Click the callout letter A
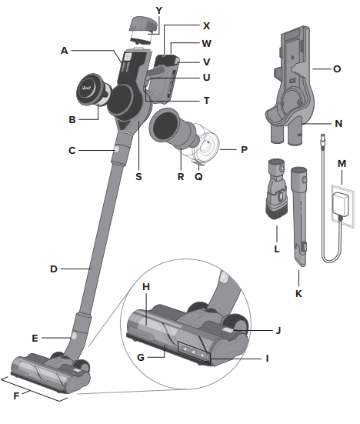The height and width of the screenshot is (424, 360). click(65, 49)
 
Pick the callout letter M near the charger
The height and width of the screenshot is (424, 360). click(342, 163)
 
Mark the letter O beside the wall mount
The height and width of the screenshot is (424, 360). click(337, 68)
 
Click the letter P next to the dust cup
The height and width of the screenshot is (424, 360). click(244, 149)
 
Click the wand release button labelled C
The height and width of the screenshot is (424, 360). click(115, 149)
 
